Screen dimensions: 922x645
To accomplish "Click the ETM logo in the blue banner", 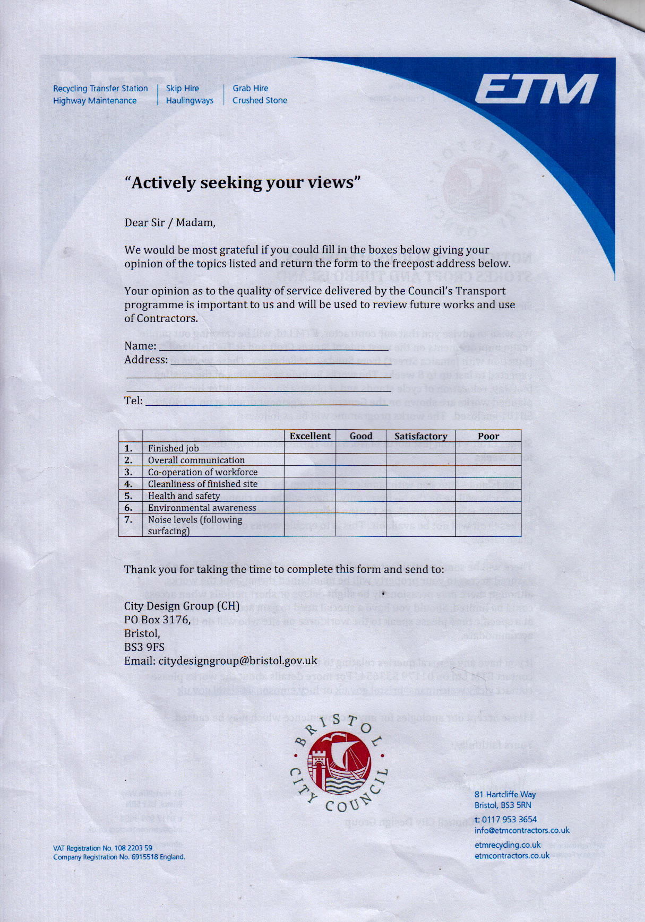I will point(536,89).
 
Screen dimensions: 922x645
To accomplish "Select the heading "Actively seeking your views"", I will point(243,182).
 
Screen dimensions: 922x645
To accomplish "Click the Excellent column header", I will point(310,436).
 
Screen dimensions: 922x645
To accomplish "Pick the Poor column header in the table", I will point(488,436).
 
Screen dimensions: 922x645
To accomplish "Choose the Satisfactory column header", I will point(420,436).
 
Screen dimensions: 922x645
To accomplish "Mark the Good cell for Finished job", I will point(361,448).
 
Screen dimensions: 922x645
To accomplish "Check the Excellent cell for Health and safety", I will point(310,496).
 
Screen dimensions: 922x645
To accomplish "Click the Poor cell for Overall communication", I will point(488,460).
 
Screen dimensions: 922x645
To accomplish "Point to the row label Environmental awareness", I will point(202,508).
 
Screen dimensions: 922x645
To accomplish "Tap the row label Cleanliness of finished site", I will point(202,484).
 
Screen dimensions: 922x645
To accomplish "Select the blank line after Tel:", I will point(265,402).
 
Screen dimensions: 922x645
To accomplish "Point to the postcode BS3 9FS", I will point(144,647).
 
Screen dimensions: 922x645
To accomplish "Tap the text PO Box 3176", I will point(157,620).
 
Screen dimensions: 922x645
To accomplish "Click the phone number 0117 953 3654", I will point(509,820).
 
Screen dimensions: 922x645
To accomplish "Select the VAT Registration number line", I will point(104,848).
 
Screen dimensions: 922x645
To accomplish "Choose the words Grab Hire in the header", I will point(250,89).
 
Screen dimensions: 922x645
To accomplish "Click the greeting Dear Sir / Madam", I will point(170,223).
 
